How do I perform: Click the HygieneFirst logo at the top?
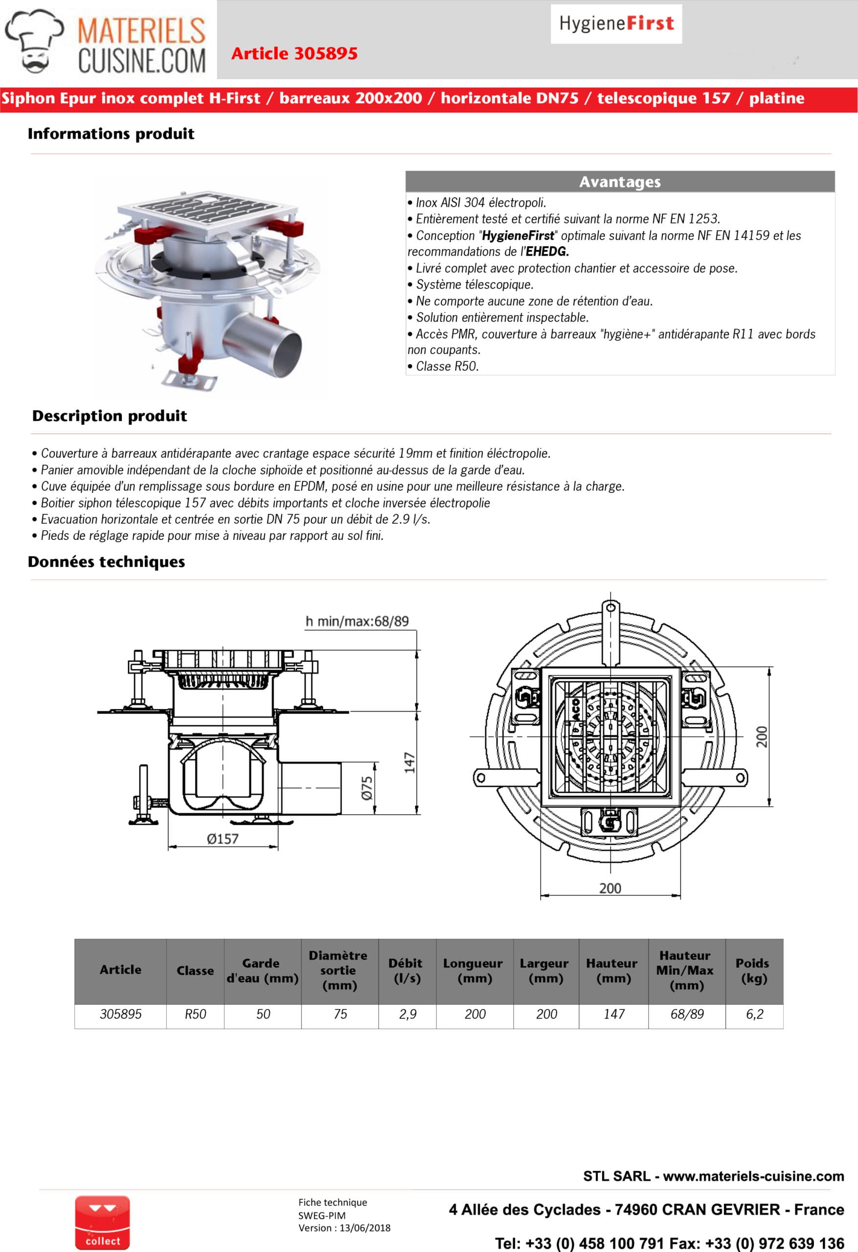pyautogui.click(x=616, y=23)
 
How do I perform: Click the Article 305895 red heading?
pyautogui.click(x=294, y=53)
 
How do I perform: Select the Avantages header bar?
pyautogui.click(x=620, y=181)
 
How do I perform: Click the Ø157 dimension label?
pyautogui.click(x=222, y=839)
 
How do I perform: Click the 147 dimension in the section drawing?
pyautogui.click(x=409, y=763)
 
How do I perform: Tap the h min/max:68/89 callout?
pyautogui.click(x=357, y=621)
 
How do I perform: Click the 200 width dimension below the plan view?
pyautogui.click(x=610, y=888)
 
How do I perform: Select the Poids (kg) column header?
pyautogui.click(x=753, y=971)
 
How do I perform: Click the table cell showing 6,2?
pyautogui.click(x=754, y=1014)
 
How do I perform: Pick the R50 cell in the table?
pyautogui.click(x=195, y=1014)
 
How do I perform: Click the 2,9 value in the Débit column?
pyautogui.click(x=407, y=1014)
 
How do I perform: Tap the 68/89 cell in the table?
pyautogui.click(x=687, y=1014)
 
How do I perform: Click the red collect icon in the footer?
pyautogui.click(x=102, y=1223)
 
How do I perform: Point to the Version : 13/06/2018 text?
pyautogui.click(x=344, y=1228)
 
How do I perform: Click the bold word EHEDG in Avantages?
pyautogui.click(x=547, y=251)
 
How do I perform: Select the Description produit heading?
pyautogui.click(x=110, y=416)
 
